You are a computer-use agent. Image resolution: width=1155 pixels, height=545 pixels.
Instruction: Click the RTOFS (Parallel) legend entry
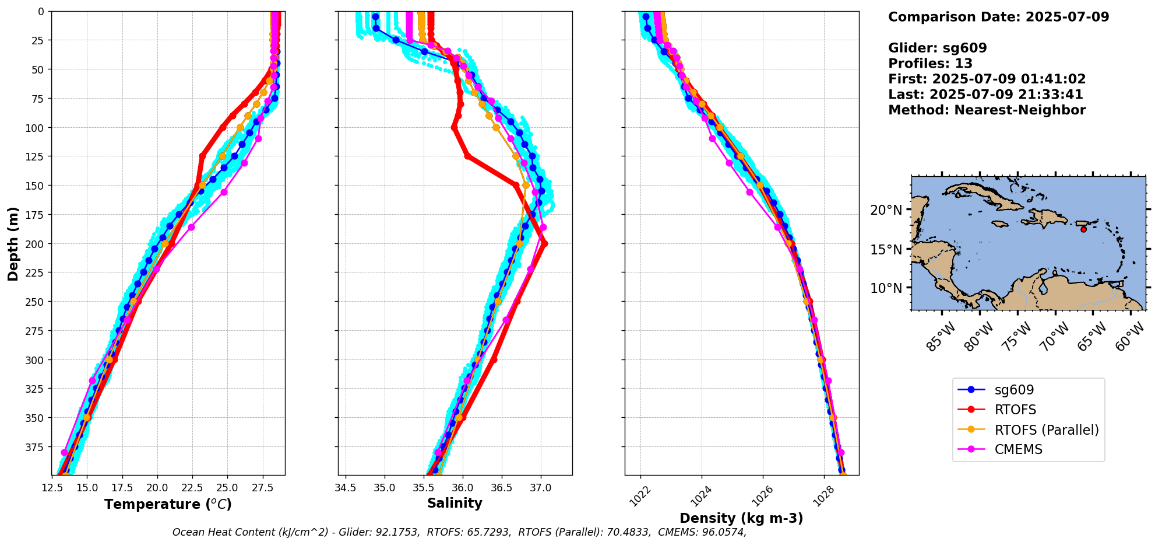[1046, 430]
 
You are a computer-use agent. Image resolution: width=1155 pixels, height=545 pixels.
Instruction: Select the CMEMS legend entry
[1018, 450]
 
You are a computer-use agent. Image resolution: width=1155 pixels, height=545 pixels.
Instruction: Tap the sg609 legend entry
[1014, 390]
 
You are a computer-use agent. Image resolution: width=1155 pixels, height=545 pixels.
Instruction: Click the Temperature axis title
[168, 504]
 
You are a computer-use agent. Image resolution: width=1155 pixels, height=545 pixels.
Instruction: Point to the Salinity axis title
[455, 504]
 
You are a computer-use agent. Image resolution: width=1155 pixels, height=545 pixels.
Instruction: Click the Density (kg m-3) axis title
[741, 518]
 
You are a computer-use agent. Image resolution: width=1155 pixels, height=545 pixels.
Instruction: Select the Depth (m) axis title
[13, 243]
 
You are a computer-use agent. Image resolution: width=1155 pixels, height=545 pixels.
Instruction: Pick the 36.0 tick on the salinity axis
[463, 487]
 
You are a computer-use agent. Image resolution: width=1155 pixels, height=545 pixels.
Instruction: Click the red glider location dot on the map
[1083, 229]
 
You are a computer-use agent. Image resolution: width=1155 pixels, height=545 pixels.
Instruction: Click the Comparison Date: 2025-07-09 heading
[998, 17]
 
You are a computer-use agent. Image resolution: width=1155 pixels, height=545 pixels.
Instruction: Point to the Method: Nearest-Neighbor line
[987, 110]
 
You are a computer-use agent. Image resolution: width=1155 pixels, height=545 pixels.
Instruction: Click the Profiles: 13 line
[930, 64]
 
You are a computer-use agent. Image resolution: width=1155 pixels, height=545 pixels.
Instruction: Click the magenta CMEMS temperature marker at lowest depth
[65, 453]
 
